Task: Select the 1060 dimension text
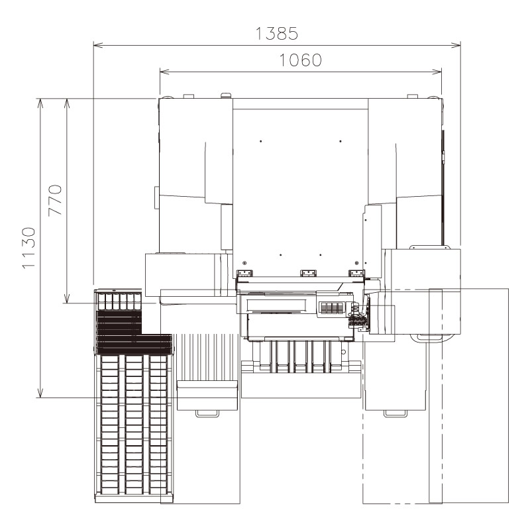tap(300, 60)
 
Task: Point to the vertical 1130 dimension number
tap(28, 248)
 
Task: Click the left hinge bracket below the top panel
tap(244, 272)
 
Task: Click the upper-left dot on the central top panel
tap(261, 141)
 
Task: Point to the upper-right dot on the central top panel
tap(340, 141)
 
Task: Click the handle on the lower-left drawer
tap(207, 414)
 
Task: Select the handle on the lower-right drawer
tap(396, 414)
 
